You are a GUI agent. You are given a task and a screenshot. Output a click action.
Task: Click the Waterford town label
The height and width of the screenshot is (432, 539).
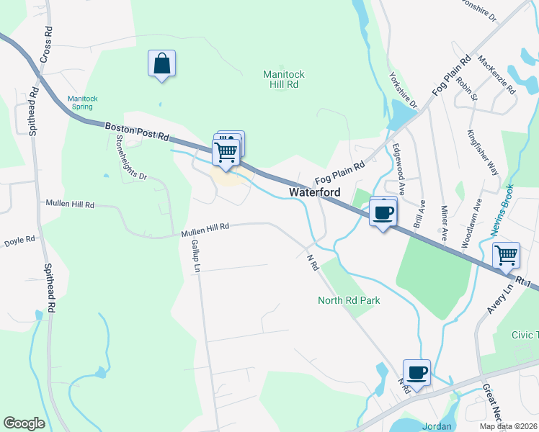(x=315, y=192)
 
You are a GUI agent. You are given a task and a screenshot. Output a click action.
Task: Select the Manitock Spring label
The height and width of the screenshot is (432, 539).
(x=82, y=102)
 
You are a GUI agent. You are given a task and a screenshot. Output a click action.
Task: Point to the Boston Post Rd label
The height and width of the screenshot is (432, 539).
(x=136, y=131)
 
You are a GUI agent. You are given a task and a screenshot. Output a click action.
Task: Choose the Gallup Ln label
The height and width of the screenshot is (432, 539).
(x=195, y=256)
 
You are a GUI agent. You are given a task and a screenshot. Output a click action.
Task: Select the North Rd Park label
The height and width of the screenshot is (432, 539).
(x=349, y=300)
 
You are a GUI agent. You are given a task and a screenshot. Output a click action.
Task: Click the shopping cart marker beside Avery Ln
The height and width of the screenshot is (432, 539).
(x=506, y=254)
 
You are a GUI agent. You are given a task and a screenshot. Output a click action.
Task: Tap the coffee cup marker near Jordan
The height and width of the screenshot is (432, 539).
(x=416, y=372)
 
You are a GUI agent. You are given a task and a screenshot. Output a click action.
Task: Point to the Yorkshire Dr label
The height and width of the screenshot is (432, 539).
(x=403, y=90)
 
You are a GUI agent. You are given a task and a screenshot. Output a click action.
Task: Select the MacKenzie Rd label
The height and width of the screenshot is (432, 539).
(x=496, y=77)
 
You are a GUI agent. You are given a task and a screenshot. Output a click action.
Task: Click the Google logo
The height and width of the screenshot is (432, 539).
(x=24, y=423)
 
